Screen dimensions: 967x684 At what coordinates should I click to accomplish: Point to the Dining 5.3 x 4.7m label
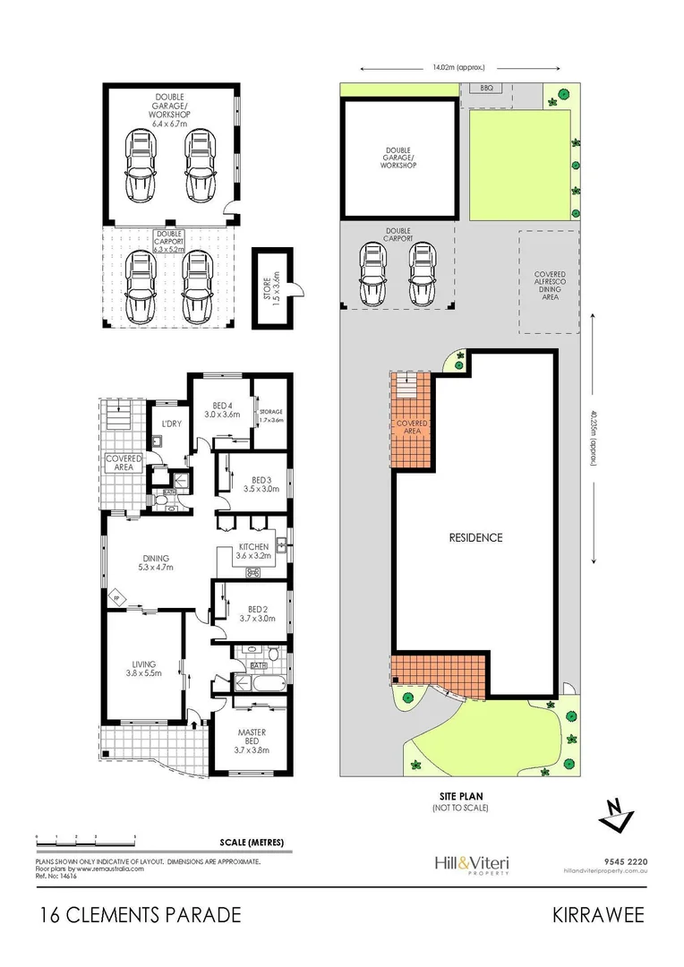pos(156,561)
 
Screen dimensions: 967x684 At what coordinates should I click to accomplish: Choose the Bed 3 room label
pos(261,484)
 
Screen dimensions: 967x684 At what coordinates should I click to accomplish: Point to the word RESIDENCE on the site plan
pos(475,538)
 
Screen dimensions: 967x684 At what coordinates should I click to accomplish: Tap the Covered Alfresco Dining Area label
pos(549,286)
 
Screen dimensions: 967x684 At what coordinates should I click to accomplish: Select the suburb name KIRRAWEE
pos(596,915)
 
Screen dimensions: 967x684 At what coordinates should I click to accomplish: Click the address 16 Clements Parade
pos(141,915)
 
